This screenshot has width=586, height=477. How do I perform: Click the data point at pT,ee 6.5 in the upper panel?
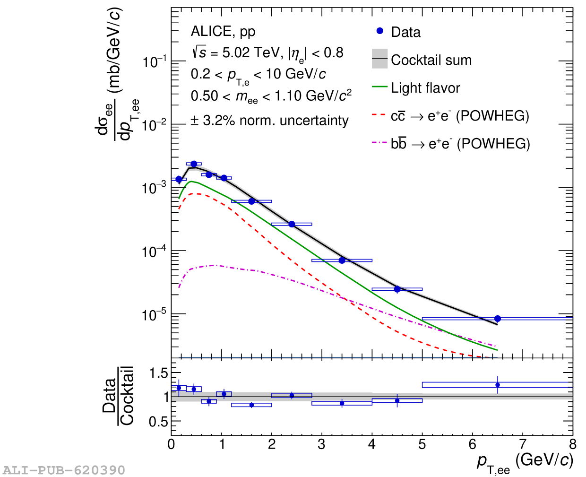[x=497, y=319]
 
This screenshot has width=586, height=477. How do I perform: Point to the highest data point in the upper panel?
[x=194, y=164]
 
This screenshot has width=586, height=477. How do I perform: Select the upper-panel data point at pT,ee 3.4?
[x=342, y=260]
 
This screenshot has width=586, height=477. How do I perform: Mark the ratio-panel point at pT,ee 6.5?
[x=497, y=385]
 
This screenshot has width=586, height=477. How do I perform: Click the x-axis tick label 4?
[x=372, y=445]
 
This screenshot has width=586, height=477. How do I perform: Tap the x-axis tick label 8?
[x=572, y=445]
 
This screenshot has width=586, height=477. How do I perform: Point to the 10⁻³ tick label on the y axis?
[x=155, y=188]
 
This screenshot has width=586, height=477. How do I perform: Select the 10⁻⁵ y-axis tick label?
[x=155, y=314]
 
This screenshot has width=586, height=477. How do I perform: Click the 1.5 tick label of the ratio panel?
[x=159, y=373]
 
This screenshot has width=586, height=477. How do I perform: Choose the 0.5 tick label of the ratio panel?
[x=159, y=422]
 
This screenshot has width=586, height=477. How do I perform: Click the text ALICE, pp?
[x=223, y=32]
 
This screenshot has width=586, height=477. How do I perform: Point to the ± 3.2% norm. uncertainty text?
[x=269, y=121]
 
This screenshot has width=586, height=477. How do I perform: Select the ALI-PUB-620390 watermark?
[x=64, y=470]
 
